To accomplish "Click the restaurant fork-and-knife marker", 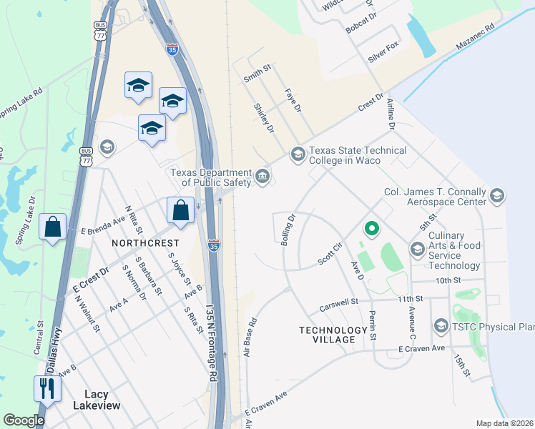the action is pyautogui.click(x=47, y=388).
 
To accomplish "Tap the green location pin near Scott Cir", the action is pyautogui.click(x=370, y=229).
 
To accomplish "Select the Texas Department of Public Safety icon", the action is pyautogui.click(x=262, y=176).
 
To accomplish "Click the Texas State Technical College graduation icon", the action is pyautogui.click(x=297, y=154).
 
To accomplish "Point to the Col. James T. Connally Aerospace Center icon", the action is pyautogui.click(x=496, y=195).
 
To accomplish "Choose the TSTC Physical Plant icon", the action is pyautogui.click(x=441, y=327).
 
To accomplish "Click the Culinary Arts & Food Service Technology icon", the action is pyautogui.click(x=417, y=249).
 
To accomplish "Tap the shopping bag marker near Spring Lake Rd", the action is pyautogui.click(x=53, y=227).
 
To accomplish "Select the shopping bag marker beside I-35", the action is pyautogui.click(x=180, y=211).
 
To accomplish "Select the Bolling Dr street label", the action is pyautogui.click(x=288, y=230).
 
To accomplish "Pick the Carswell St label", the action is pyautogui.click(x=339, y=304).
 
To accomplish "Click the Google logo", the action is pyautogui.click(x=24, y=420).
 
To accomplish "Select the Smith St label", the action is pyautogui.click(x=257, y=74).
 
